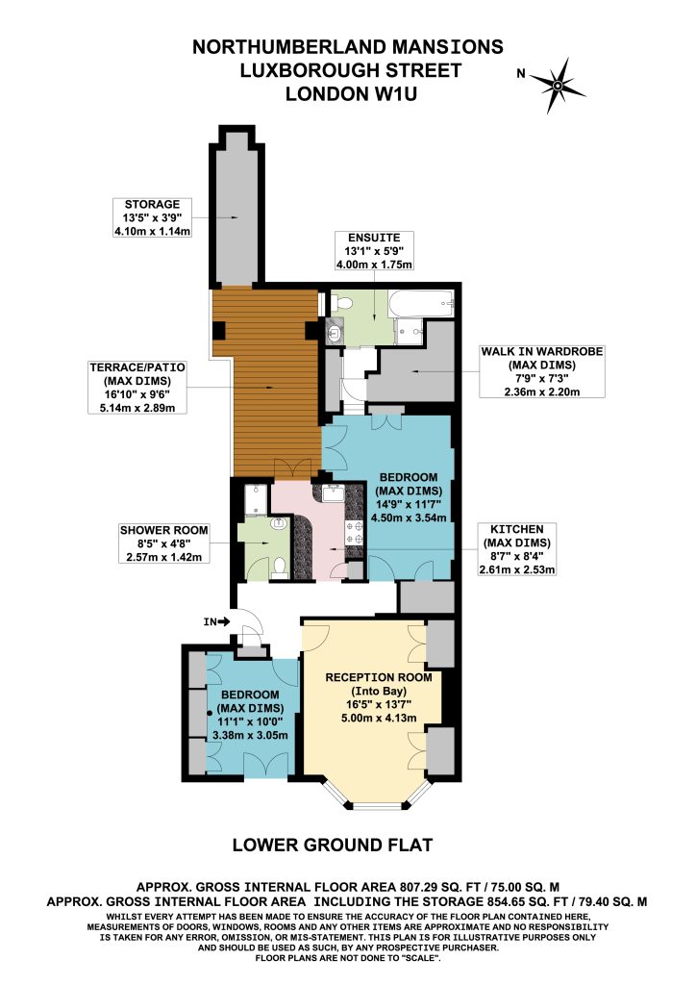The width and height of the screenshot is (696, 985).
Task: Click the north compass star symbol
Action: point(558,85)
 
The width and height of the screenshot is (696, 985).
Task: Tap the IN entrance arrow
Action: point(224,622)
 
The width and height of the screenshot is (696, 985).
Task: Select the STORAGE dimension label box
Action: point(152,217)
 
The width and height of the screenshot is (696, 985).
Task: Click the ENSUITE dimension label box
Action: point(374,251)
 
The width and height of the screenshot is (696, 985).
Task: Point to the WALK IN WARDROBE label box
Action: point(541,371)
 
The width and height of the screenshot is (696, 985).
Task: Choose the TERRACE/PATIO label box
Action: point(137,387)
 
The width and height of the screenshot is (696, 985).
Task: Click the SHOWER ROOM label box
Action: point(163,543)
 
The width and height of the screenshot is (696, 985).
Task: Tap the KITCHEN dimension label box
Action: point(517,549)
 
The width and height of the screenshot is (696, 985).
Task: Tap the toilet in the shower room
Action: point(281,568)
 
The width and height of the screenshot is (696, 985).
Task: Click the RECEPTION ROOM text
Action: point(379,677)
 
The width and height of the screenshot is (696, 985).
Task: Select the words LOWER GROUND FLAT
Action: point(333,845)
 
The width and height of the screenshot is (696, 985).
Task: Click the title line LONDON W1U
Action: point(351,94)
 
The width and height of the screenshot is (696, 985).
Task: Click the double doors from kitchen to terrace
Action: point(292,469)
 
